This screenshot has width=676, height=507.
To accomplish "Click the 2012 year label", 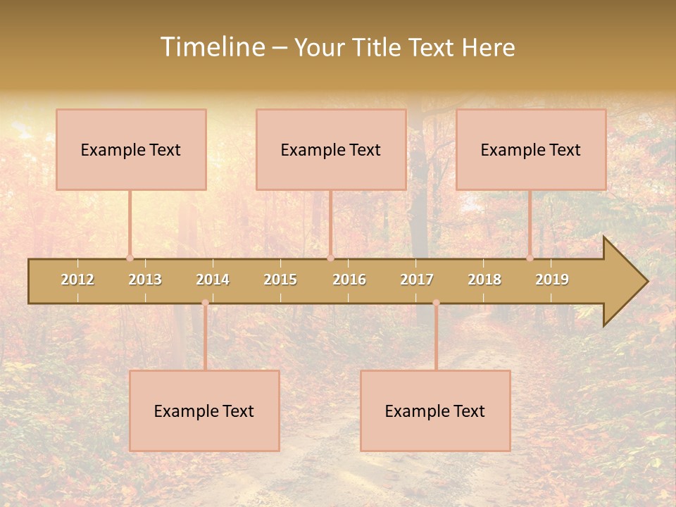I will (77, 280).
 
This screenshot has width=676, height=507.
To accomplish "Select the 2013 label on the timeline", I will (145, 280).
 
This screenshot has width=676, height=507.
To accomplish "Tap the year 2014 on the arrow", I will (213, 280).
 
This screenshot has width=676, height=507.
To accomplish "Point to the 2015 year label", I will (280, 280).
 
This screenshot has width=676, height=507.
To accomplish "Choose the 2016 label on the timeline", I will (349, 280).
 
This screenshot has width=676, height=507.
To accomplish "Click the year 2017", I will (417, 280).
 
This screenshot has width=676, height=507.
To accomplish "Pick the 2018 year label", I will (484, 280).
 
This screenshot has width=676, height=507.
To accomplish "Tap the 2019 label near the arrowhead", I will (552, 280).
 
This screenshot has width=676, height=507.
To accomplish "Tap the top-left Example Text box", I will (131, 149).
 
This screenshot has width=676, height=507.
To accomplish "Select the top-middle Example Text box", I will (331, 149).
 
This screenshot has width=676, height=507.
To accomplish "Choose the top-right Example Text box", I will (531, 149).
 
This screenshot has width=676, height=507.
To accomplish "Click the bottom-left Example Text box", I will (204, 411).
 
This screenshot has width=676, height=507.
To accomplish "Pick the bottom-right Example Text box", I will (435, 411).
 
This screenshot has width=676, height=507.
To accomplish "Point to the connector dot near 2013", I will (130, 258).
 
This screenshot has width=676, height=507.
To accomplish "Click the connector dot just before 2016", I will (330, 258).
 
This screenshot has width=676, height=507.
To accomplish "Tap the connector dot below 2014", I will (205, 303).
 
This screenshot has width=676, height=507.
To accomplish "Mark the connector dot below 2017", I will (436, 303).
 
